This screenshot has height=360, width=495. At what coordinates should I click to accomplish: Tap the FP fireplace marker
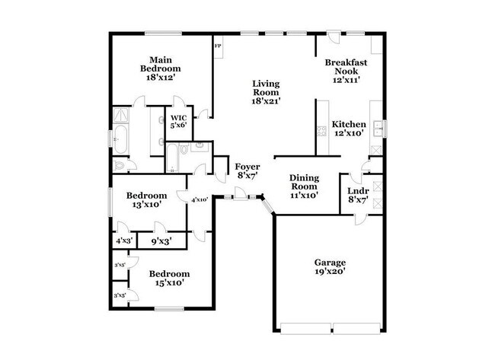coord(217,46)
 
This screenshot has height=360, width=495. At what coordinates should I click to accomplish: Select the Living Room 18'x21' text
coord(267,91)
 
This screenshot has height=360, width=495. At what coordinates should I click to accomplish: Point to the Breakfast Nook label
coord(346,70)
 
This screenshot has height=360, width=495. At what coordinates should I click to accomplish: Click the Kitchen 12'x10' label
coord(350,129)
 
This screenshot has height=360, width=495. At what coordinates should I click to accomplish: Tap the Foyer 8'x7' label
coord(247,170)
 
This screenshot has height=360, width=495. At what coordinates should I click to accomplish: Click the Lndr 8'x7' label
coord(357,196)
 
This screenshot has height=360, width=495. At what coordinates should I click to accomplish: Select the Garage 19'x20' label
coord(331,267)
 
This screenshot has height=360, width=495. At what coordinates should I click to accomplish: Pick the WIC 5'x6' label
coord(178,122)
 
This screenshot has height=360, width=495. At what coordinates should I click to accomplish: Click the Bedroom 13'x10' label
coord(146,199)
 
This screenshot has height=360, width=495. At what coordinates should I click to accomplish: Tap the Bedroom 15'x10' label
coord(168,278)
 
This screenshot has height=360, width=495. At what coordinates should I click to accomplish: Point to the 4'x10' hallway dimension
coord(200,199)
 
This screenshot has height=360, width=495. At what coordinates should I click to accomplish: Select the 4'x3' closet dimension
coord(123,241)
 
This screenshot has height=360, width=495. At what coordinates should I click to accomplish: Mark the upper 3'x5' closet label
coord(120,265)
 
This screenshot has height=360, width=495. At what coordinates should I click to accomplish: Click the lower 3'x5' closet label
coord(120,295)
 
